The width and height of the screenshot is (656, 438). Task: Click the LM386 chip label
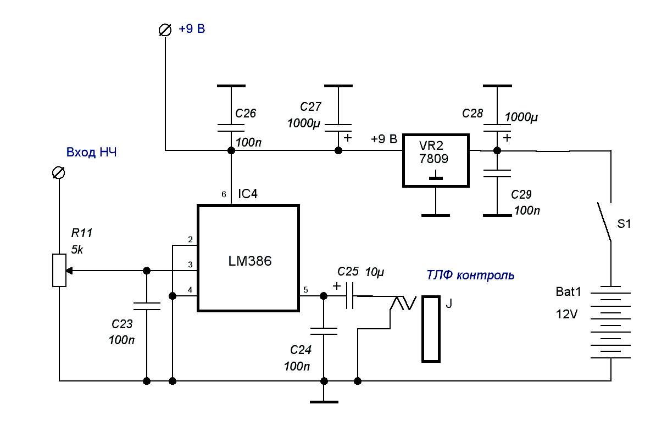(249, 262)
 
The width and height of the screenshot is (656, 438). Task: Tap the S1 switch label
(624, 224)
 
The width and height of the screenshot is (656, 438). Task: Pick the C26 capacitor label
(246, 114)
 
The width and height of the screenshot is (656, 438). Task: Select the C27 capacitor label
(312, 106)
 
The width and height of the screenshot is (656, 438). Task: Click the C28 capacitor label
(472, 114)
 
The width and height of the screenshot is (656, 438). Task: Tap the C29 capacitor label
(522, 195)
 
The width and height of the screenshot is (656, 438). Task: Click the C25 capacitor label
(348, 271)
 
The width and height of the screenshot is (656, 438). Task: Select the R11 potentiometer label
(82, 233)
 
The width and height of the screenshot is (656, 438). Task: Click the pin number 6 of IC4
(223, 194)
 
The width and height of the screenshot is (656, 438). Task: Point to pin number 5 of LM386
(306, 290)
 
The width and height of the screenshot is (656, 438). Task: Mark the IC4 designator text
(247, 194)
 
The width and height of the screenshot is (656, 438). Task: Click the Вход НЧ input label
(91, 153)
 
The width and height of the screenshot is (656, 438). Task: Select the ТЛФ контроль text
(471, 275)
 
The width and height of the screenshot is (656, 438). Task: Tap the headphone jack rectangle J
(431, 329)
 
